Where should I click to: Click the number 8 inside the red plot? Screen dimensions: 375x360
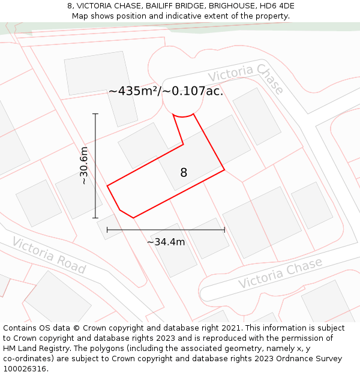184,173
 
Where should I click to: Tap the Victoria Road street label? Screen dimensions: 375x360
49,256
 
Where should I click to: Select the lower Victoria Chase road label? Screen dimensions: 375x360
280,273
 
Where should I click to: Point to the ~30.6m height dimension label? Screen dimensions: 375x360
84,165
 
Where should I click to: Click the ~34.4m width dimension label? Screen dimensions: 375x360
166,242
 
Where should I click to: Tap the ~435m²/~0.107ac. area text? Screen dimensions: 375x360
166,91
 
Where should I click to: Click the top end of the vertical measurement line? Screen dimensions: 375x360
95,113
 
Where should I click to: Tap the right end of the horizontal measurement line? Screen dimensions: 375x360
224,229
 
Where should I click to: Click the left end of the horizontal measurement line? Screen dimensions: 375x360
107,229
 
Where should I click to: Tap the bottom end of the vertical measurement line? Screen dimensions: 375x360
95,218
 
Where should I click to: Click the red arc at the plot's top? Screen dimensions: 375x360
184,115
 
